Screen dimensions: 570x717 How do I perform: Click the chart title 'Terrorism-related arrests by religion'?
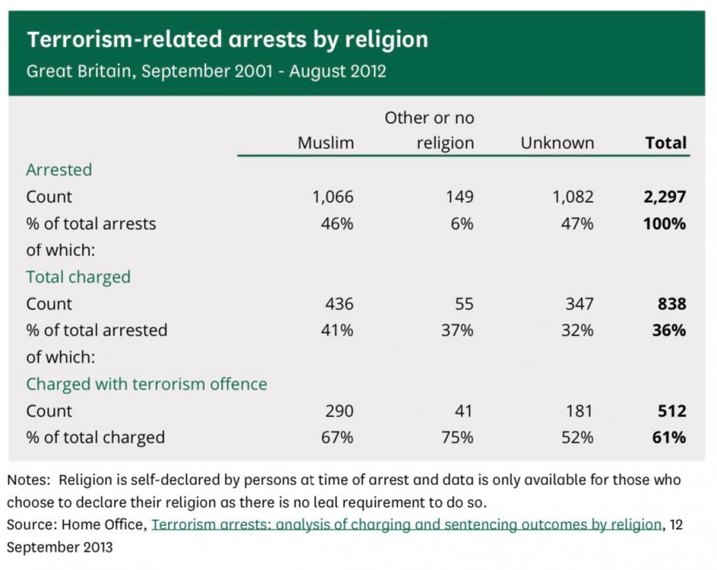[227, 40]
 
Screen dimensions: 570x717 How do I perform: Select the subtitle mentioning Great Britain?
[206, 72]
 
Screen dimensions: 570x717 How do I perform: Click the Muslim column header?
[325, 143]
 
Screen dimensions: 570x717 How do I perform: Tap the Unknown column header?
[557, 143]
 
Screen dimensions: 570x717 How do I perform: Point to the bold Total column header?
[665, 143]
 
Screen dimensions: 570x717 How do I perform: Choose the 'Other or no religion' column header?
[429, 130]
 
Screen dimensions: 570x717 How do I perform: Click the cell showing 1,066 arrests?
[332, 197]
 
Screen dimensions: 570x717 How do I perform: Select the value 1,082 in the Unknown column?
[573, 197]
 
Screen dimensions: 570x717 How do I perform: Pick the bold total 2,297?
[663, 197]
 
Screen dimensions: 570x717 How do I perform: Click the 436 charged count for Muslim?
[339, 304]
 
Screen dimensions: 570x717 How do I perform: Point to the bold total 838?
[671, 304]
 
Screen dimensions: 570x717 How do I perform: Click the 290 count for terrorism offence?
[339, 411]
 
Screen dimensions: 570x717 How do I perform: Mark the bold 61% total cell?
[669, 438]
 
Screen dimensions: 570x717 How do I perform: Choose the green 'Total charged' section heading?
[78, 277]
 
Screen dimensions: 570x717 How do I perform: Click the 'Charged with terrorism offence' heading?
[147, 385]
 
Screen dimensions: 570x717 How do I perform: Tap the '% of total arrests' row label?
[90, 224]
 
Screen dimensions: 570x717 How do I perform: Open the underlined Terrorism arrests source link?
[406, 524]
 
